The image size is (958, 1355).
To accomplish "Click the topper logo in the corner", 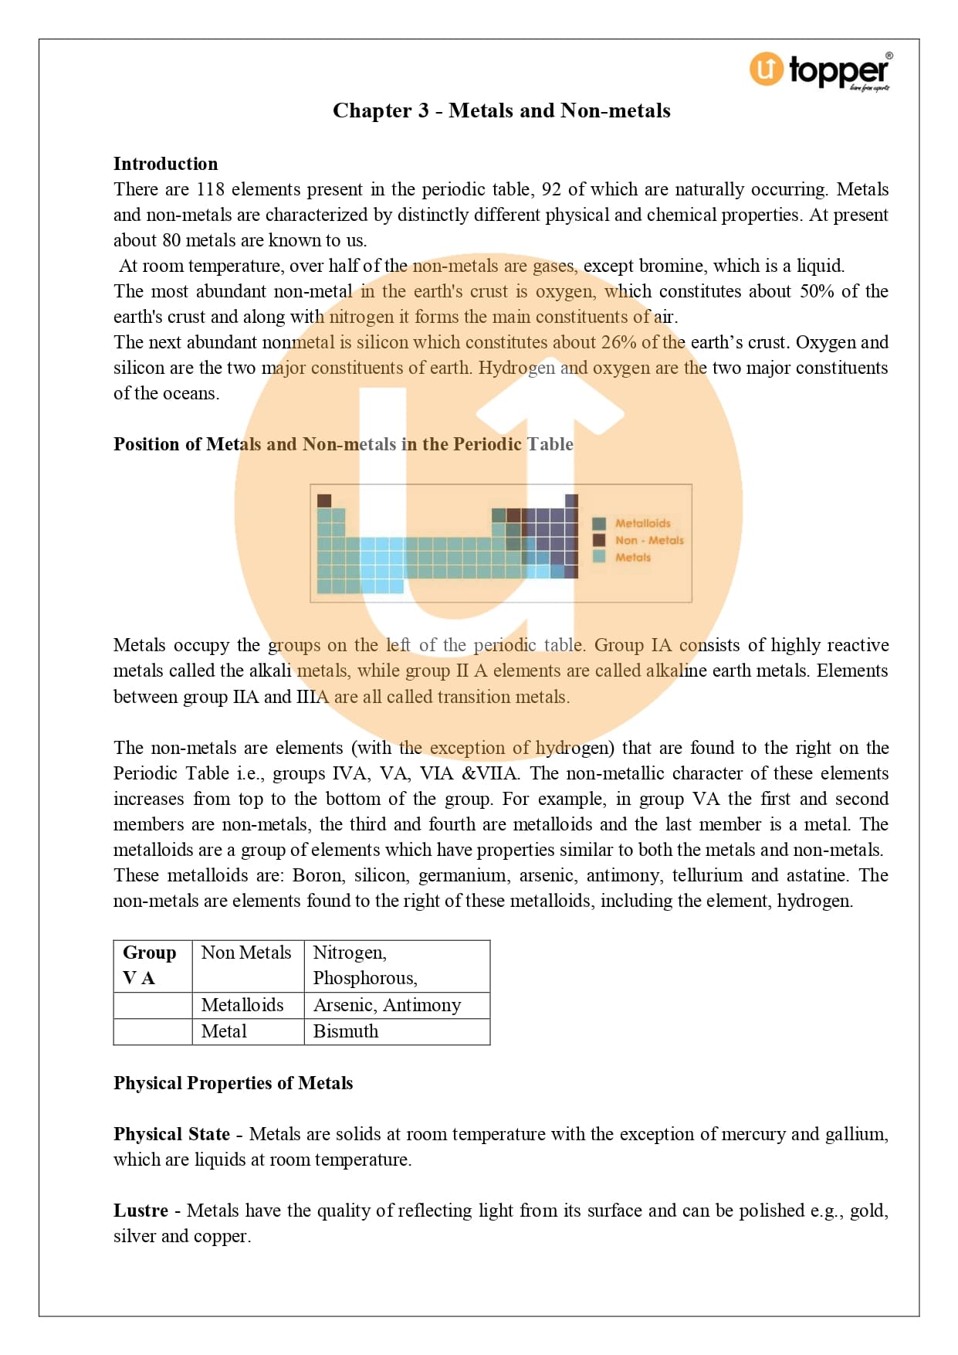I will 820,70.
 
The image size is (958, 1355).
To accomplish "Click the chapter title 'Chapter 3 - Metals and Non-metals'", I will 501,110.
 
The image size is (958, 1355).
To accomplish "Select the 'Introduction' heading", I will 165,164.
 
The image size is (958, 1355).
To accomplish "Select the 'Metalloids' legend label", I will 642,523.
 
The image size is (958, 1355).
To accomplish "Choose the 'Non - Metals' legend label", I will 648,540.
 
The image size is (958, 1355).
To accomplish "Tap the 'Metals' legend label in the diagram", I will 632,557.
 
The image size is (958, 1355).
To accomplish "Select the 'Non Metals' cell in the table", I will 246,953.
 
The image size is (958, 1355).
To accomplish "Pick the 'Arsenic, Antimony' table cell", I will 387,1005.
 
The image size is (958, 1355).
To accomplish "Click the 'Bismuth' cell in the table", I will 346,1031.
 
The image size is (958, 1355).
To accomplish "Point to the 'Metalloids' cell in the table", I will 242,1005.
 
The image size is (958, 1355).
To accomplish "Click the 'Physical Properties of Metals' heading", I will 233,1083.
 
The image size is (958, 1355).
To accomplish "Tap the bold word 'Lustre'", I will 140,1211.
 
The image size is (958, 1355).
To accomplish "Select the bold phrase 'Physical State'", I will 171,1134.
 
